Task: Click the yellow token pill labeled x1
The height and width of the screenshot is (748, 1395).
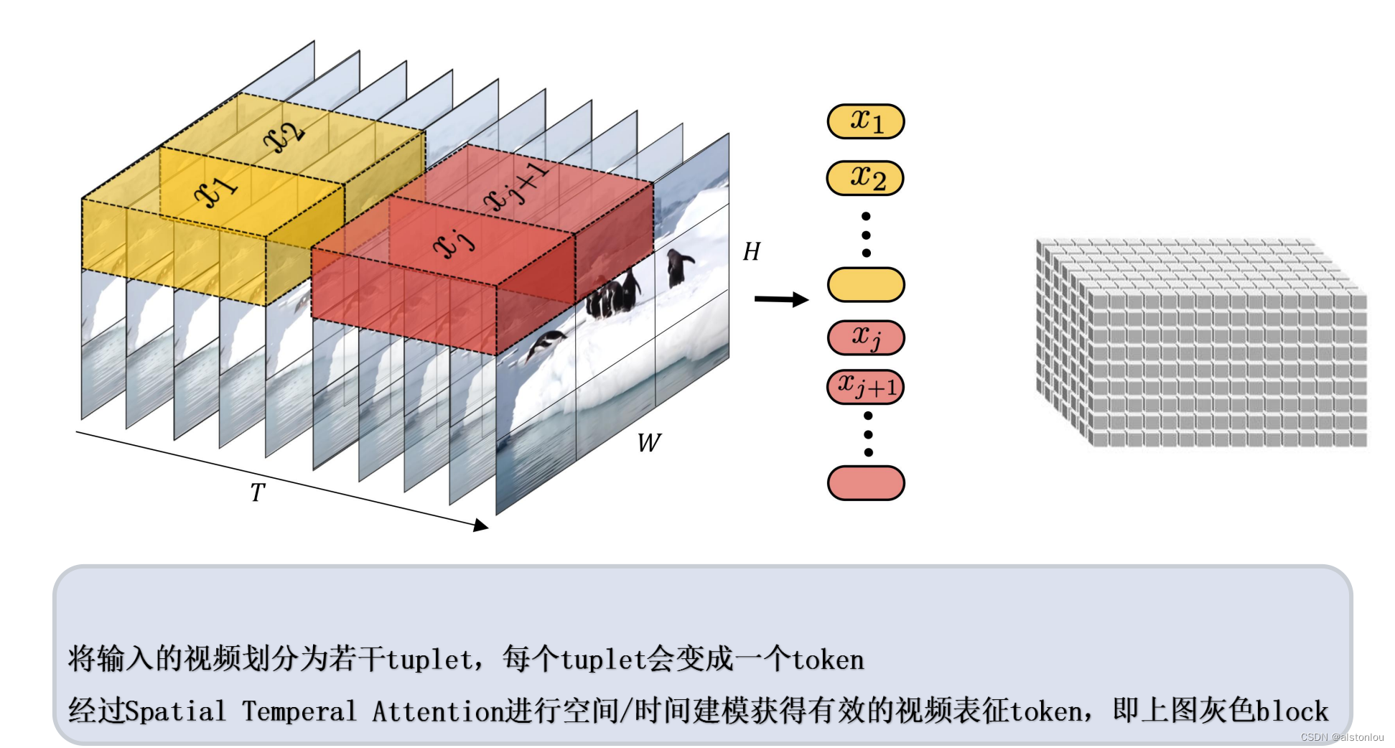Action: click(x=865, y=121)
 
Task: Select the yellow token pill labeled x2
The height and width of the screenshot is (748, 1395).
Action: click(x=865, y=178)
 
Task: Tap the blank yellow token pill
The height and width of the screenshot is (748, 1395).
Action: click(x=865, y=284)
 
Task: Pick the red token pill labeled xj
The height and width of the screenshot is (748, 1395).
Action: click(x=865, y=337)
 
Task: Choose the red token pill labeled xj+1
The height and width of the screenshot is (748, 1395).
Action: click(x=865, y=387)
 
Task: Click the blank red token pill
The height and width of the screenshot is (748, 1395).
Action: click(x=865, y=482)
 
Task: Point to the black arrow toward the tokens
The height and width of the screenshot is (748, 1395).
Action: click(x=780, y=299)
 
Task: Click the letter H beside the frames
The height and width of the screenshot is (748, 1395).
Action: click(x=751, y=251)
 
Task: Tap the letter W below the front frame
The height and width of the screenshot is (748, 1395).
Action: click(x=648, y=442)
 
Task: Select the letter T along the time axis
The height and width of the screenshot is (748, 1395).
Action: click(x=257, y=492)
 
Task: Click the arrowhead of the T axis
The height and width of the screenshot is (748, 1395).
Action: click(x=481, y=525)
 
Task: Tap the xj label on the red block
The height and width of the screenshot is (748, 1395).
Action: click(x=454, y=243)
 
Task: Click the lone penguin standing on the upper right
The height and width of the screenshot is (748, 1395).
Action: click(x=677, y=267)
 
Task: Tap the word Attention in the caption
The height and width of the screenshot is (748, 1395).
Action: click(x=437, y=711)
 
